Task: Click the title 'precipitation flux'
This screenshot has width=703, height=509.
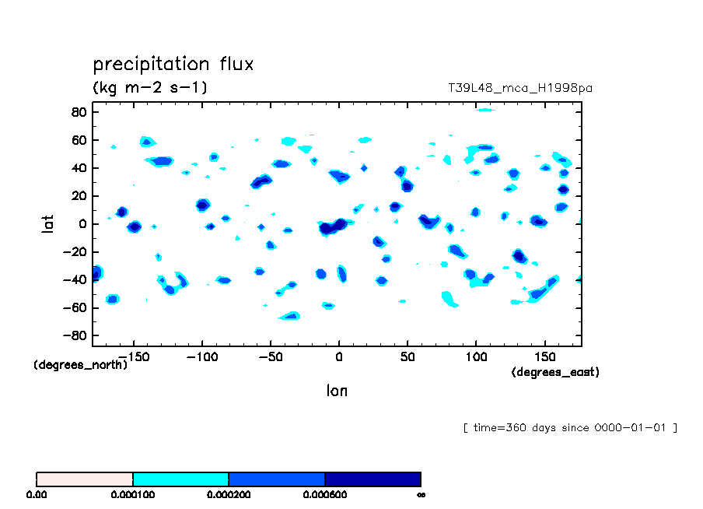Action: pos(173,64)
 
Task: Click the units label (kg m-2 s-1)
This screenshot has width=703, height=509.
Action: pos(149,88)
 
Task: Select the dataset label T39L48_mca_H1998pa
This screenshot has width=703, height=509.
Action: pos(520,89)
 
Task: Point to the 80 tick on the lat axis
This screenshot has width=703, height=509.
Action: pos(78,112)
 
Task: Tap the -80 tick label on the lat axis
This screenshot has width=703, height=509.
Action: pos(75,336)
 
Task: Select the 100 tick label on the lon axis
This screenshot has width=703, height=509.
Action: pos(475,357)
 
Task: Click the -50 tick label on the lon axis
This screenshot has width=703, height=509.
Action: pos(269,357)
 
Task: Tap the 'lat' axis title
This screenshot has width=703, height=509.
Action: pos(49,224)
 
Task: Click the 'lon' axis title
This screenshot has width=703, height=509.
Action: pos(337,391)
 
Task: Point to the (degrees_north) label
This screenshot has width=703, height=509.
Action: pos(80,365)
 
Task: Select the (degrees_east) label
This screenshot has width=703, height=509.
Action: pos(555,373)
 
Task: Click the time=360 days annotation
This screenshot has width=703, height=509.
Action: pos(570,427)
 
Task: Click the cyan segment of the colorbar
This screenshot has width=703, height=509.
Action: pos(180,479)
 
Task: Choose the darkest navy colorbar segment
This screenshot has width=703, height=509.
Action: pos(372,479)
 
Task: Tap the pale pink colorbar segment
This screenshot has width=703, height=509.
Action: pos(85,479)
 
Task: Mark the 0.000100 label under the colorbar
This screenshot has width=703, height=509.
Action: pos(133,494)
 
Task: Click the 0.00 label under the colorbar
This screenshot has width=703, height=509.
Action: pos(37,494)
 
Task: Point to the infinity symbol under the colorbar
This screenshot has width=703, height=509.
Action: pos(421,494)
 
